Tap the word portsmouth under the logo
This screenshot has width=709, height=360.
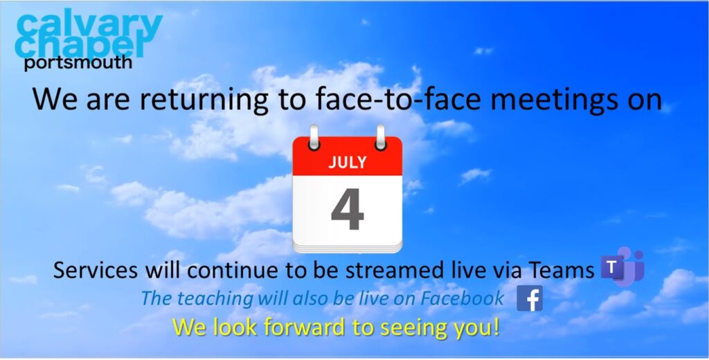tap(78, 62)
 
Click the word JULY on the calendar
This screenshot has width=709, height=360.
tap(348, 163)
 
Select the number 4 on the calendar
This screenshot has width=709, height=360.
tap(348, 209)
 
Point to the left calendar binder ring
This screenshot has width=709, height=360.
tap(314, 138)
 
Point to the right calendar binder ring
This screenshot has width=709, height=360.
tap(381, 138)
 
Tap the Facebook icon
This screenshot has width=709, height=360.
tap(530, 298)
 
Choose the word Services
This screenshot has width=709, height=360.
tap(96, 271)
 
